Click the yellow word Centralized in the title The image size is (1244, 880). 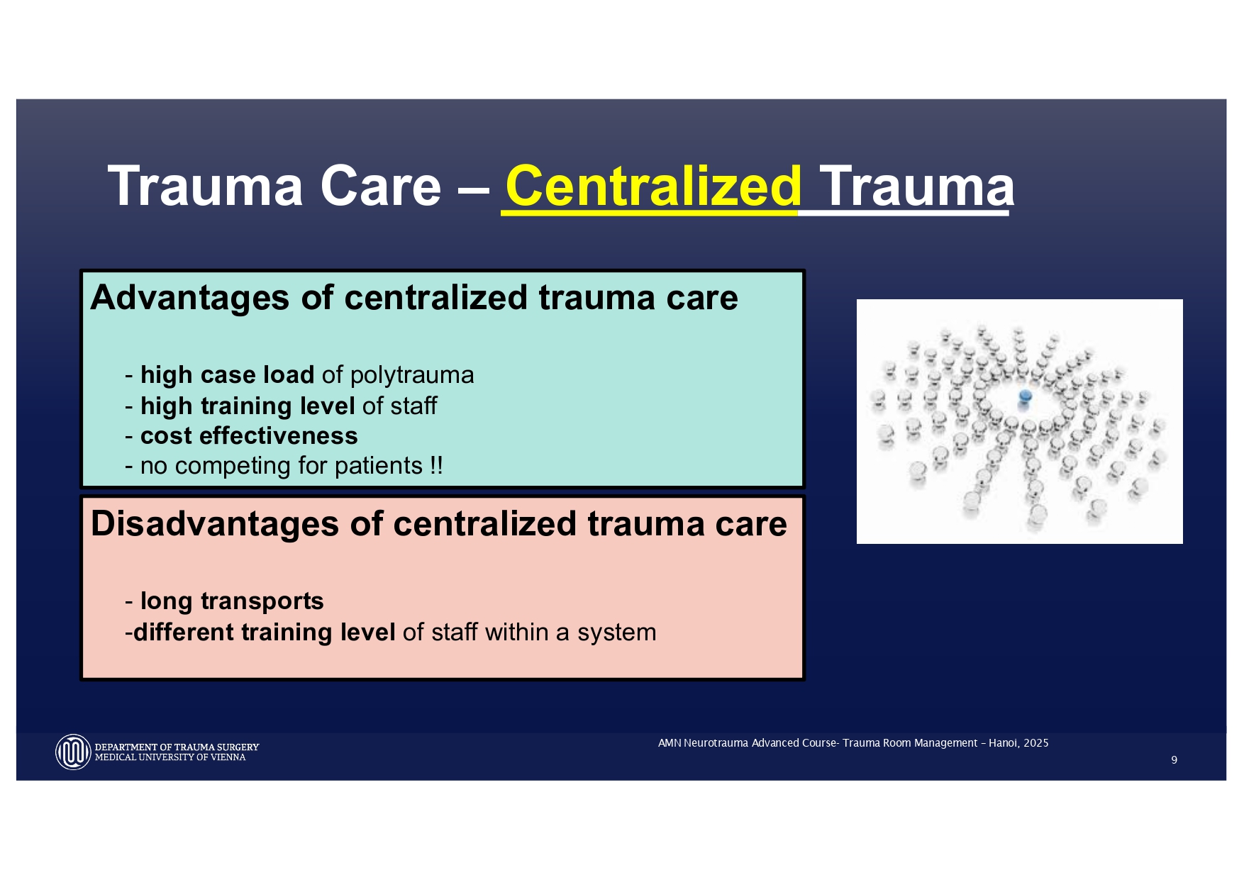pyautogui.click(x=653, y=186)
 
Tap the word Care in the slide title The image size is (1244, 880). pyautogui.click(x=380, y=186)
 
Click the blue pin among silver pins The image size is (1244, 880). pyautogui.click(x=1025, y=396)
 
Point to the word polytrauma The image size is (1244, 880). pyautogui.click(x=411, y=374)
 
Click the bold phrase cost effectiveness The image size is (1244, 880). pyautogui.click(x=249, y=435)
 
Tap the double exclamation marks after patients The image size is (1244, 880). pyautogui.click(x=436, y=465)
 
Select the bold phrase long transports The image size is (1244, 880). pyautogui.click(x=232, y=601)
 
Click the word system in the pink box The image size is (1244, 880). pyautogui.click(x=616, y=632)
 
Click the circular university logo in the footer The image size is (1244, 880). pyautogui.click(x=73, y=752)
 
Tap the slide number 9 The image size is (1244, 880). pyautogui.click(x=1174, y=760)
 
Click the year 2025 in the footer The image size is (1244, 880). pyautogui.click(x=1036, y=743)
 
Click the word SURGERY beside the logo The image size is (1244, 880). pyautogui.click(x=238, y=747)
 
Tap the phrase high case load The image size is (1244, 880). pyautogui.click(x=227, y=374)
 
